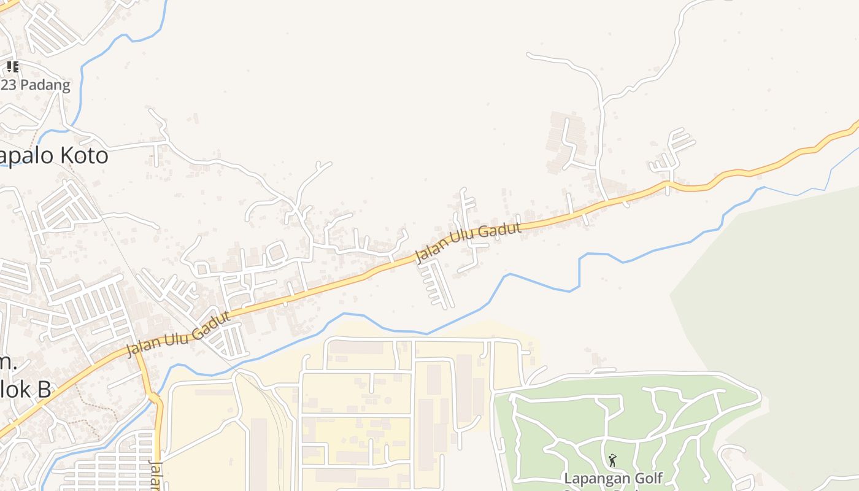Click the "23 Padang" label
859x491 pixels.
(36, 85)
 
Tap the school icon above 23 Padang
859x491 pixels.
(12, 67)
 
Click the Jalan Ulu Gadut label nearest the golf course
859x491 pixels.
(468, 242)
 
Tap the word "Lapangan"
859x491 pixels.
(592, 478)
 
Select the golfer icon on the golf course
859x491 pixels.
(612, 460)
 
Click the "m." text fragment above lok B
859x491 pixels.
(7, 363)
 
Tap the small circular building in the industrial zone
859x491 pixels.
(388, 400)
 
